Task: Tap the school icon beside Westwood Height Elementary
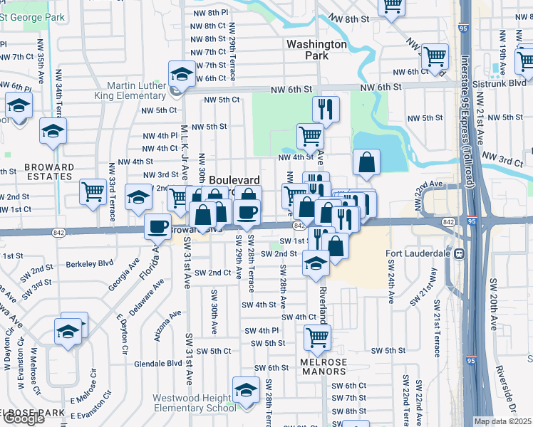(x=247, y=391)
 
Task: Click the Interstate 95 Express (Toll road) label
(x=466, y=121)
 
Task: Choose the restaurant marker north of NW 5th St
(x=325, y=109)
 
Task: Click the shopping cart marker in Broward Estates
(x=93, y=191)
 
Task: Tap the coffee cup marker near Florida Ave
(x=157, y=226)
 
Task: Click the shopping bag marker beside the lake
(x=366, y=161)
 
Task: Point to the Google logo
(x=23, y=418)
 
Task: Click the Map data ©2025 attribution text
(x=502, y=421)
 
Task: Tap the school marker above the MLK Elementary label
(x=182, y=73)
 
